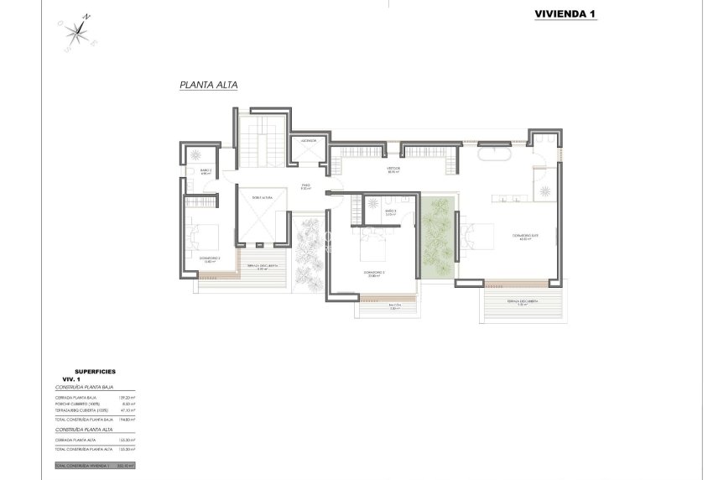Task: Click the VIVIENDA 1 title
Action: (x=565, y=13)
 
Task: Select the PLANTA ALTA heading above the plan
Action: (x=209, y=86)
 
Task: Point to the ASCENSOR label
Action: (x=309, y=141)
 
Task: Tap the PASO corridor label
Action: (x=306, y=186)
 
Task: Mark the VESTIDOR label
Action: (x=393, y=170)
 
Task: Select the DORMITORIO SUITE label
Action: (x=525, y=238)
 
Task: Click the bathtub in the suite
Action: (x=494, y=156)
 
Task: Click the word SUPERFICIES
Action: (x=95, y=370)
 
